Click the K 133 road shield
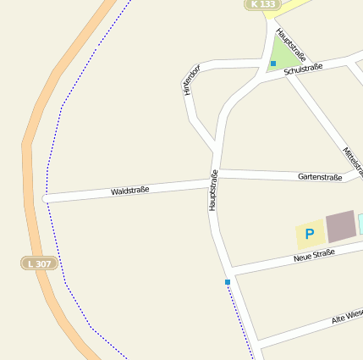(x=263, y=4)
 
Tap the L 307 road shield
(x=38, y=263)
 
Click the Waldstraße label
(x=129, y=191)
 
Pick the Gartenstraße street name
(x=320, y=177)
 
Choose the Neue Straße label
(x=314, y=255)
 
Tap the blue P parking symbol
(x=309, y=234)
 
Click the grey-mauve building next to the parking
(x=341, y=226)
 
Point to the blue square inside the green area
(x=273, y=64)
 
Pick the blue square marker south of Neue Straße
(x=228, y=281)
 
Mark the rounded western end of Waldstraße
(x=45, y=199)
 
